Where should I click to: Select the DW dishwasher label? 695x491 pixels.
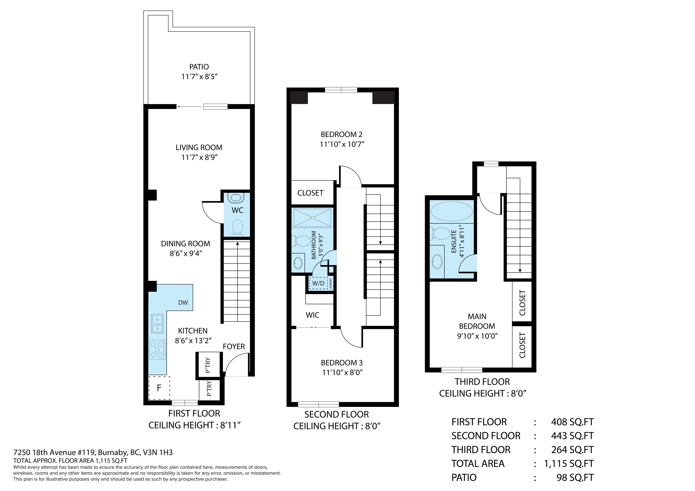183,302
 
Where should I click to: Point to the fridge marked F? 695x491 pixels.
159,388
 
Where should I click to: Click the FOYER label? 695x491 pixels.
234,346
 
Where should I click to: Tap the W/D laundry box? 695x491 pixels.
319,283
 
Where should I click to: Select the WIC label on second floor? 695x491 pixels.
312,315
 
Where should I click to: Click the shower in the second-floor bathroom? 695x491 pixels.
312,217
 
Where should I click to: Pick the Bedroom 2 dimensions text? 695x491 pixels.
342,144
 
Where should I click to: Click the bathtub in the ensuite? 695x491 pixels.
452,211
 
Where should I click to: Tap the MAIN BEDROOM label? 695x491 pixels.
477,321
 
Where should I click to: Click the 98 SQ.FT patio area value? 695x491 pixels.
575,478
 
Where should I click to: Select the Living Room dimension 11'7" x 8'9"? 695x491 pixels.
200,157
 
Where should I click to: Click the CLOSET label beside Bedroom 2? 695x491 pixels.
310,193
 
